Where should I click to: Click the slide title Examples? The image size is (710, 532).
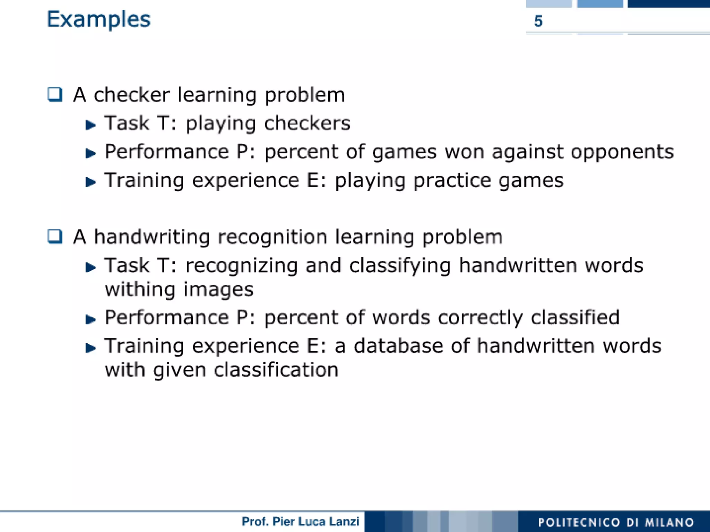pos(98,19)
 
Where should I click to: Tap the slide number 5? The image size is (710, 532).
pos(538,21)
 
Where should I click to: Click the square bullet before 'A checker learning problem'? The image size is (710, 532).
pos(55,94)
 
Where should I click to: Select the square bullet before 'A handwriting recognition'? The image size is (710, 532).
pos(55,237)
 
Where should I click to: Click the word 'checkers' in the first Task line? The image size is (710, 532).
pos(307,123)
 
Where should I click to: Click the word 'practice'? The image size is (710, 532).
pos(452,181)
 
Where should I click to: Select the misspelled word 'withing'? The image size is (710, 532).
pos(140,290)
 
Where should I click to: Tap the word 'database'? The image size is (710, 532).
pos(398,346)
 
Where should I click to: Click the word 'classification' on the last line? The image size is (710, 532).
pos(276,370)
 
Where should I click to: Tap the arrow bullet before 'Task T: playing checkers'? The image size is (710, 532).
pos(90,125)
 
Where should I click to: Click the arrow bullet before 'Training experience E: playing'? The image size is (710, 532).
pos(90,182)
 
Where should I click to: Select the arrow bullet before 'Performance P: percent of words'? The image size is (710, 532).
pos(90,319)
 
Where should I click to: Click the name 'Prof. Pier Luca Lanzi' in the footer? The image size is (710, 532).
pos(300,522)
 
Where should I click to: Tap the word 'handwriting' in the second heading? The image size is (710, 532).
pos(152,238)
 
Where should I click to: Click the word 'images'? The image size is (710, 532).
pos(218,290)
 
